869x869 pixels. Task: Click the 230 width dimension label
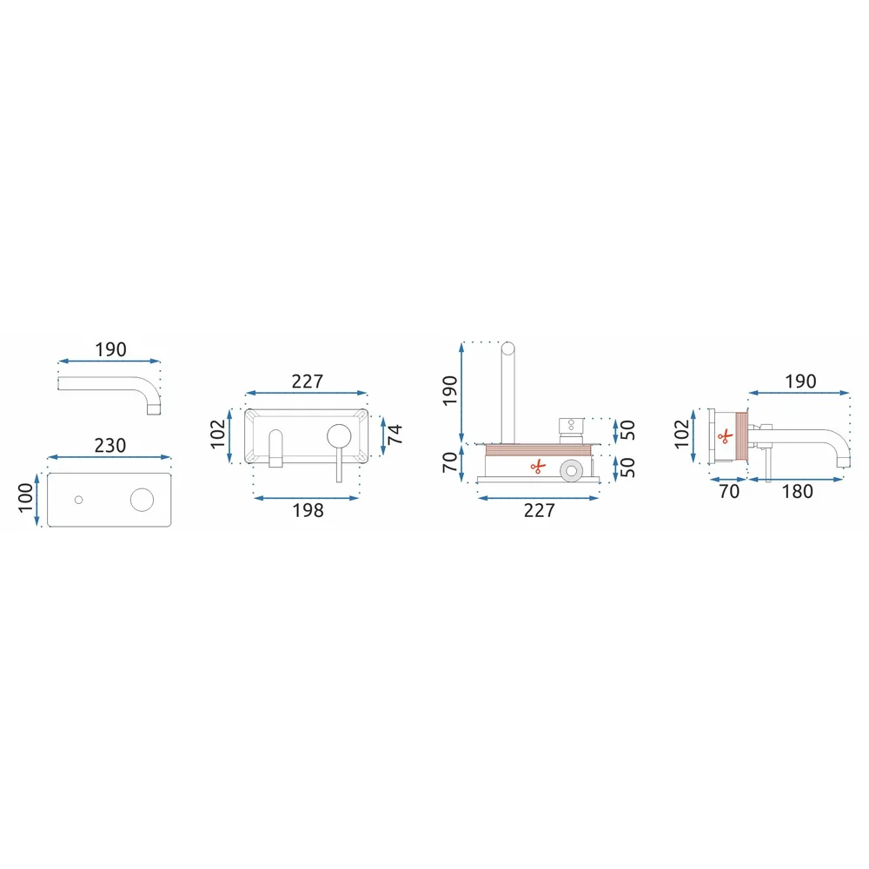pos(110,446)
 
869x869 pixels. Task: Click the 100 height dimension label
pos(26,498)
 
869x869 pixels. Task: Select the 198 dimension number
pos(308,510)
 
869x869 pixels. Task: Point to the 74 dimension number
pos(395,434)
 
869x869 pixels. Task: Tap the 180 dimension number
pos(797,492)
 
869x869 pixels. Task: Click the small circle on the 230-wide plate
pos(79,500)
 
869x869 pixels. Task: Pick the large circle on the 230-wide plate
pos(142,500)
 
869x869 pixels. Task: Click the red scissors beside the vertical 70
pos(538,468)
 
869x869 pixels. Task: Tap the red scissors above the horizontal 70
pos(725,436)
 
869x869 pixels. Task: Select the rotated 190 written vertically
pos(450,391)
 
